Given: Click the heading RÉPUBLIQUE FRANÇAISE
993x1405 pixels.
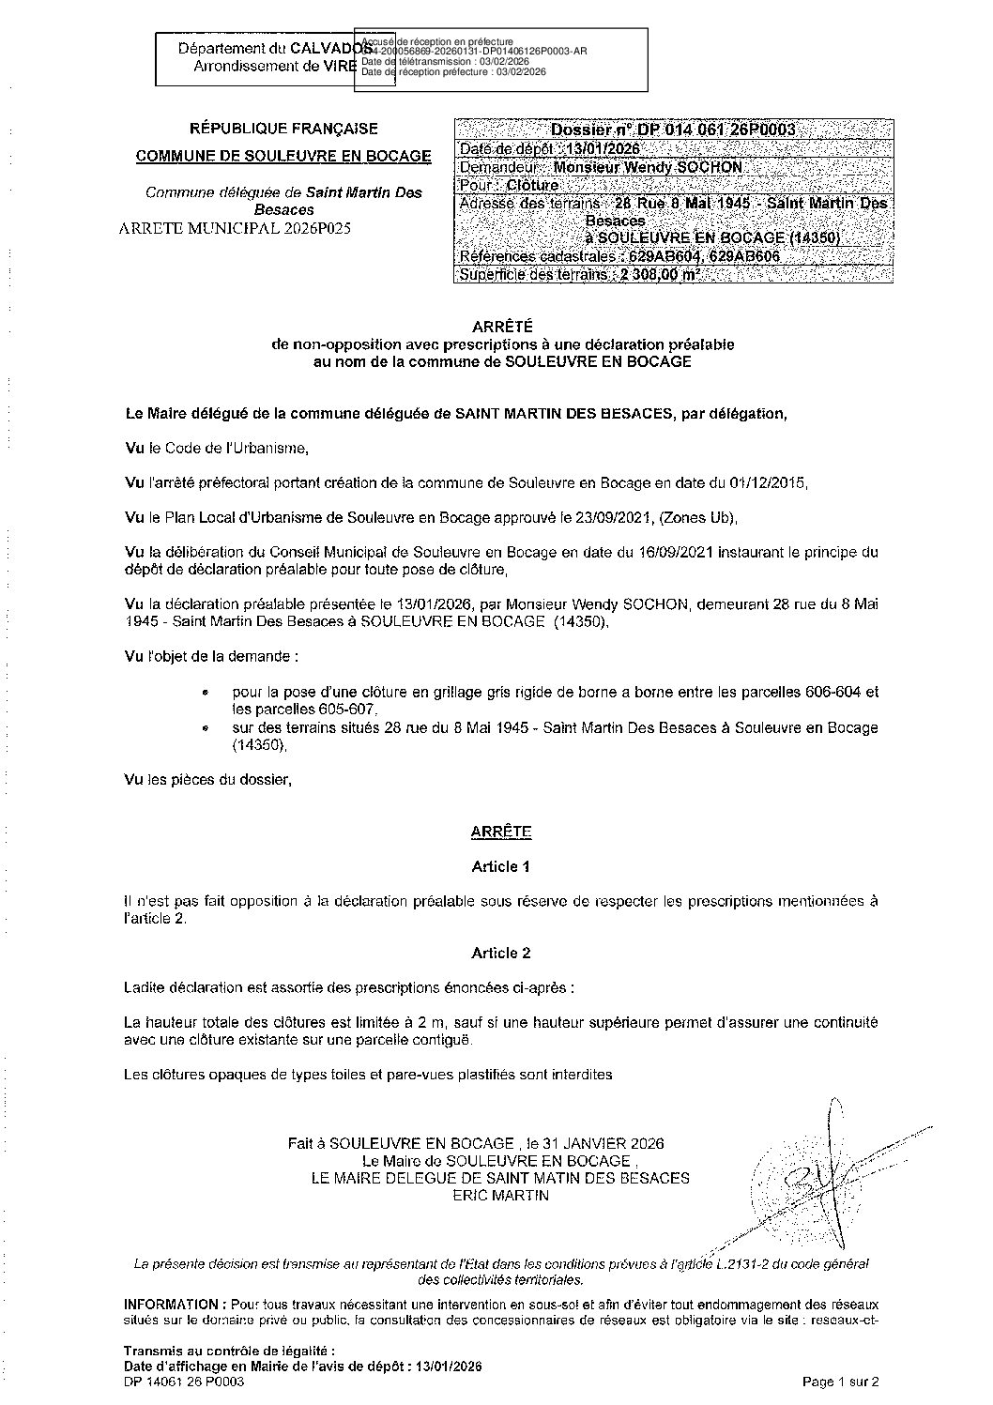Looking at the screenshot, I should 283,129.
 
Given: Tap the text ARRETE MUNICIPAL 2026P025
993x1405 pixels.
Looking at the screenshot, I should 235,228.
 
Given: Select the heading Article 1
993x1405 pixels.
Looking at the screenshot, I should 500,866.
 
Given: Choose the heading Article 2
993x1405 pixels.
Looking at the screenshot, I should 500,953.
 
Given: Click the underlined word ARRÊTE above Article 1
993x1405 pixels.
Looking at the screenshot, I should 500,832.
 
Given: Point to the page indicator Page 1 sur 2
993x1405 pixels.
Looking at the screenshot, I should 840,1382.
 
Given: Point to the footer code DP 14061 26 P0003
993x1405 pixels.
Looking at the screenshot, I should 191,1382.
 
